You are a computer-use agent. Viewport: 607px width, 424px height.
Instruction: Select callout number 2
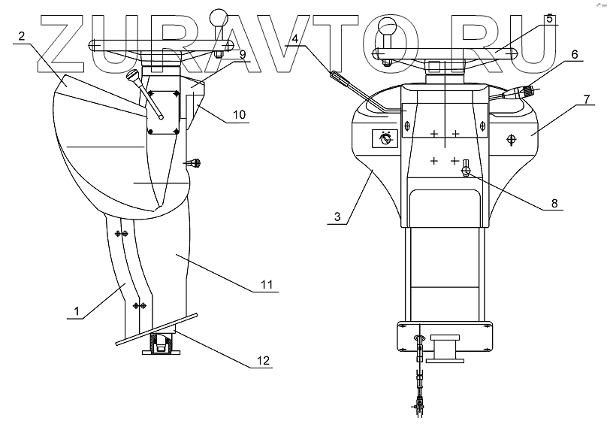point(24,36)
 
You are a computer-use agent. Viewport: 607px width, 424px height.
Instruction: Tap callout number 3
point(339,217)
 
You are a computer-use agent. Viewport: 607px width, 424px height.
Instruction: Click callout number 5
point(550,19)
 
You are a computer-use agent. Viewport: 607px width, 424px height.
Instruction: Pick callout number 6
point(574,54)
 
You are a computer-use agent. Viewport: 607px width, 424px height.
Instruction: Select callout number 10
point(239,115)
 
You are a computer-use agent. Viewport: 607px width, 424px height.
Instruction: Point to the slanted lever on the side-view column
point(147,94)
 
